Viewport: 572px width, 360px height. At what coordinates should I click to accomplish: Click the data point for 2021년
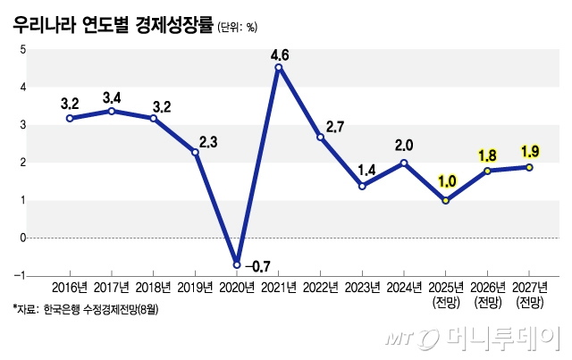coord(279,67)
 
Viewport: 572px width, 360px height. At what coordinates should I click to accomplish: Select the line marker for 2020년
coord(237,264)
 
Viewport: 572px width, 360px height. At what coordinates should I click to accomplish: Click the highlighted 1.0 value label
coord(447,181)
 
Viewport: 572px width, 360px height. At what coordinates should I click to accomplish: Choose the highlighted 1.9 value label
coord(529,150)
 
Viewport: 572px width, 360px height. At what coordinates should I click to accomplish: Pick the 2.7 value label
coord(334,127)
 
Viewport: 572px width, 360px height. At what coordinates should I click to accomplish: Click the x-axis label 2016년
coord(70,288)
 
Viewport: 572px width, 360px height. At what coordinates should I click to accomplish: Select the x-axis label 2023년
coord(362,288)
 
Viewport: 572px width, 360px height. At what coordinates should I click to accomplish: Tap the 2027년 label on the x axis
coord(529,288)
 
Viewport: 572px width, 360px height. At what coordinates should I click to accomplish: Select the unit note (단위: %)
coord(238,26)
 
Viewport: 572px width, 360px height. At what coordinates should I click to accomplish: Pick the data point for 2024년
coord(404,163)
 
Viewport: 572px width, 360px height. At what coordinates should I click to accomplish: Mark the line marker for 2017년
coord(112,111)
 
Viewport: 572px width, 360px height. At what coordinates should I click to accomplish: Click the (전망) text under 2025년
coord(446,303)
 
